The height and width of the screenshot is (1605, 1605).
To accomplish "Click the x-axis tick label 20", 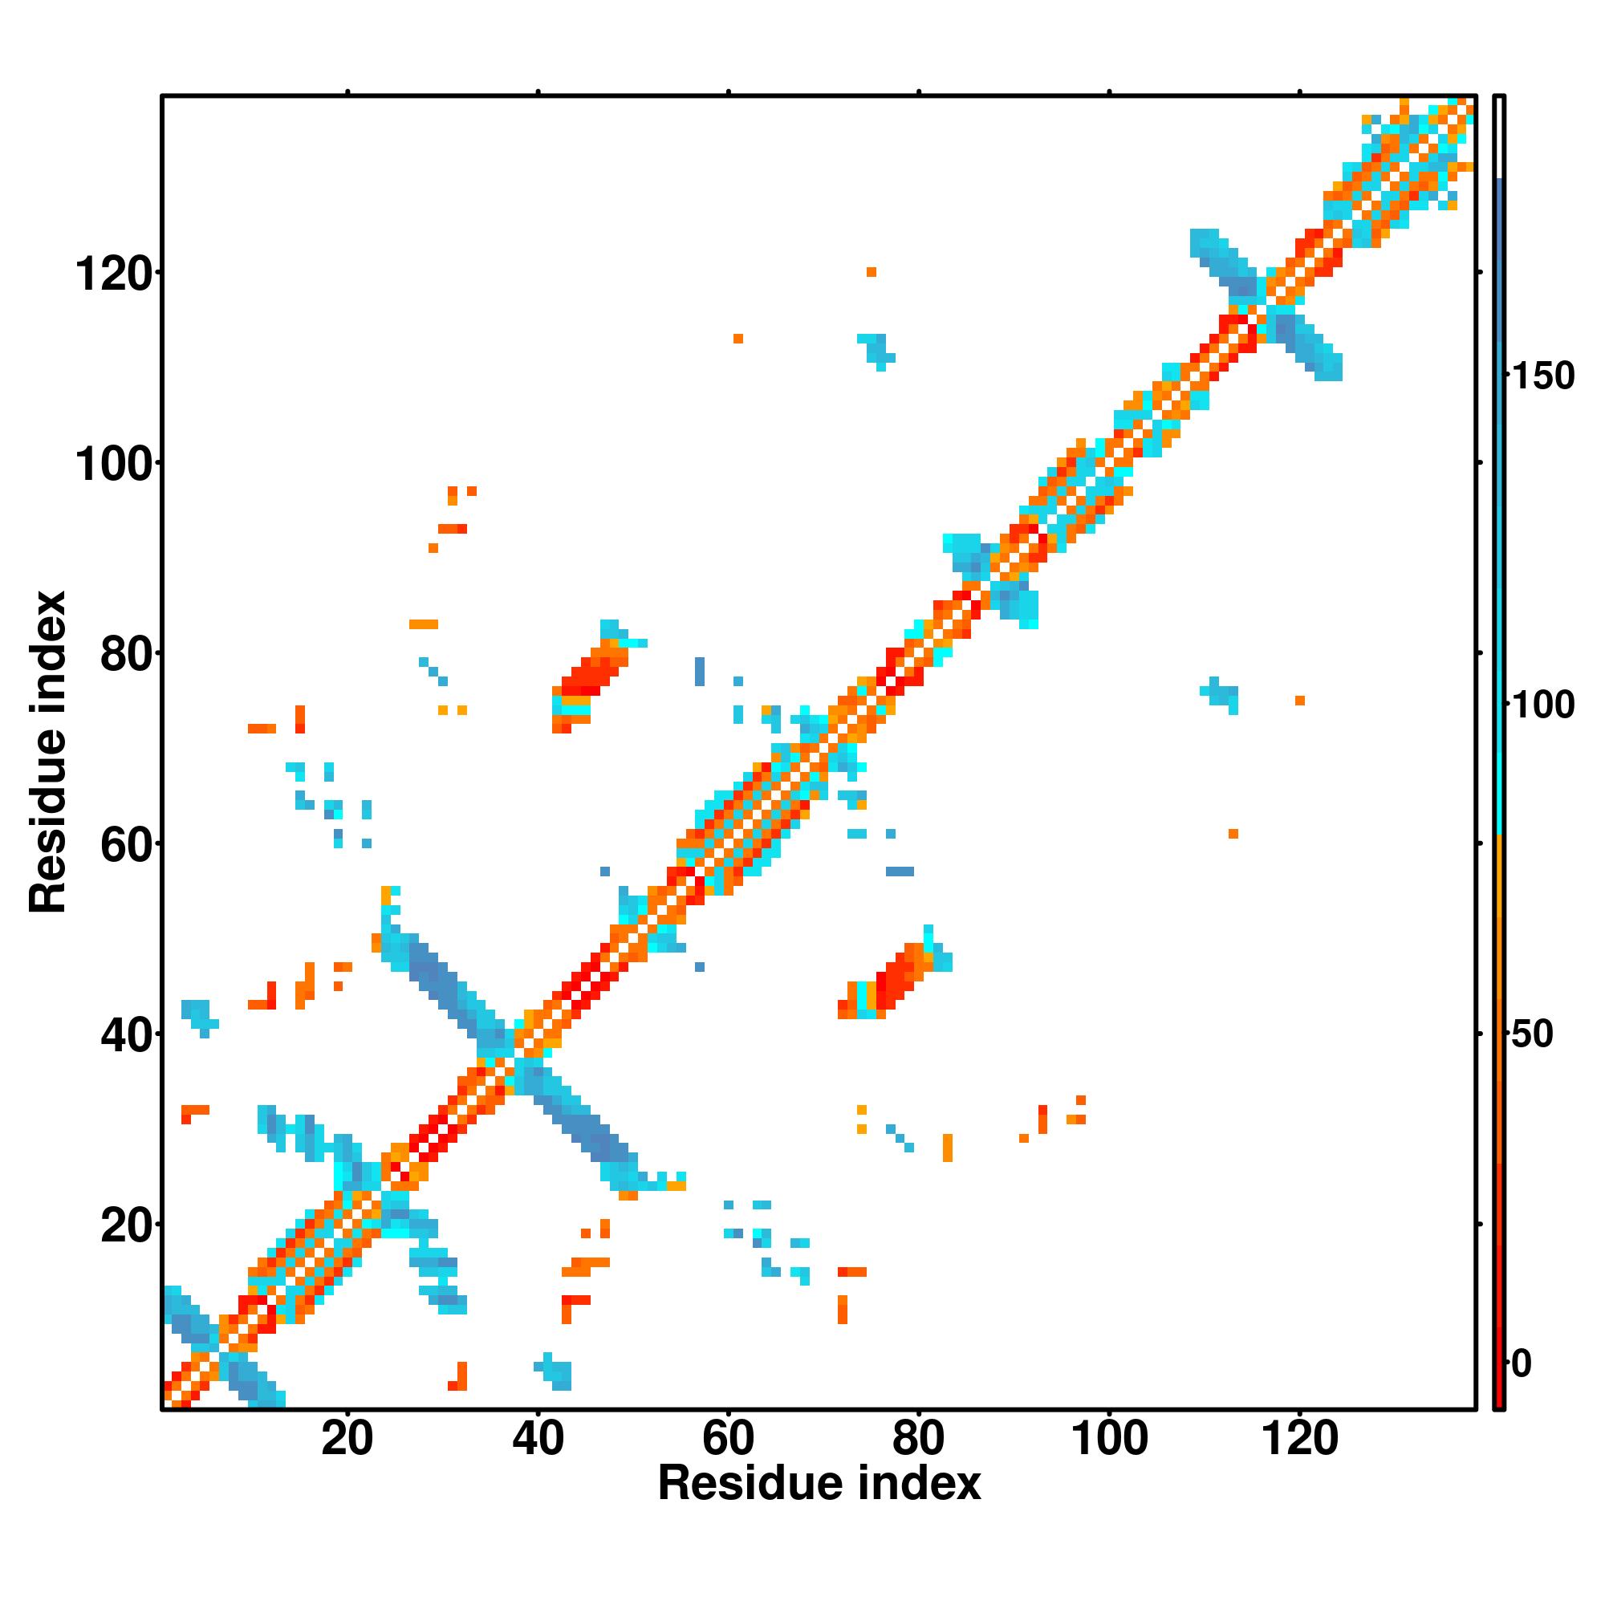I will click(x=347, y=1438).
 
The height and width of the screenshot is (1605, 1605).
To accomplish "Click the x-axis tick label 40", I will click(x=538, y=1438).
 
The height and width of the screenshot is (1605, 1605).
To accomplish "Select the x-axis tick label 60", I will click(x=728, y=1438).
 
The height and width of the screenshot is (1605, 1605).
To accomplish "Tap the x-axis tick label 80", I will click(x=918, y=1438).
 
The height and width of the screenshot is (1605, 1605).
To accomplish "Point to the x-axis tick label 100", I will click(x=1110, y=1438).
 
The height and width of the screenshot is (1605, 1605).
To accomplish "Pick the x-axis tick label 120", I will click(x=1300, y=1438).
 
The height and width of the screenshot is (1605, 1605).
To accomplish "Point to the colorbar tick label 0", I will click(x=1522, y=1363).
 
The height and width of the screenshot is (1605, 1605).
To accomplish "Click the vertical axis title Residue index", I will click(x=48, y=752).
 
